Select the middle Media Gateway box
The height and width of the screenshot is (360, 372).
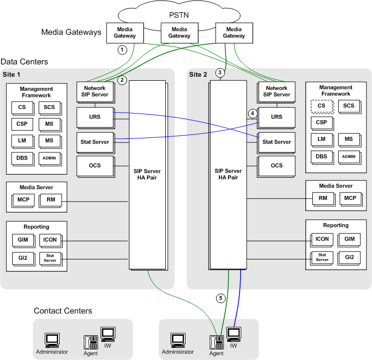coord(179,32)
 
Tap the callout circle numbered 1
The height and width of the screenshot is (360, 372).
coord(121,49)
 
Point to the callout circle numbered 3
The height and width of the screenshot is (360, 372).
coord(219,73)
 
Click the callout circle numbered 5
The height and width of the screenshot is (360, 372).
coord(220,298)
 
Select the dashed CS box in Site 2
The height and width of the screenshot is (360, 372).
coord(321,106)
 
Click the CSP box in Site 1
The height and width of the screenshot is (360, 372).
coord(21,123)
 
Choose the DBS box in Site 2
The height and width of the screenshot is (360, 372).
coord(321,157)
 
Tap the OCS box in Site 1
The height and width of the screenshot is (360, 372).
coord(95,165)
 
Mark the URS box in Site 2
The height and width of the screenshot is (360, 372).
coord(276,117)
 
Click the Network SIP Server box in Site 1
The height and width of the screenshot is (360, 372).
coord(95,91)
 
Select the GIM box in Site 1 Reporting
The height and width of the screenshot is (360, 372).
coord(21,239)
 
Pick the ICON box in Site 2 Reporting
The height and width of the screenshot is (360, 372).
coord(322,239)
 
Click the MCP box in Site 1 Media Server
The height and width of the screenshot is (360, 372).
coord(23,199)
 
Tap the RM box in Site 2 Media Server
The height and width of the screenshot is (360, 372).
coord(322,198)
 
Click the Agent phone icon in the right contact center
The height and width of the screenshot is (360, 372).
coord(216,342)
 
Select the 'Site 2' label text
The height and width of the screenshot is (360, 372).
coord(198,75)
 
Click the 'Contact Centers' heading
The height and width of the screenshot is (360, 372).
coord(63,311)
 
